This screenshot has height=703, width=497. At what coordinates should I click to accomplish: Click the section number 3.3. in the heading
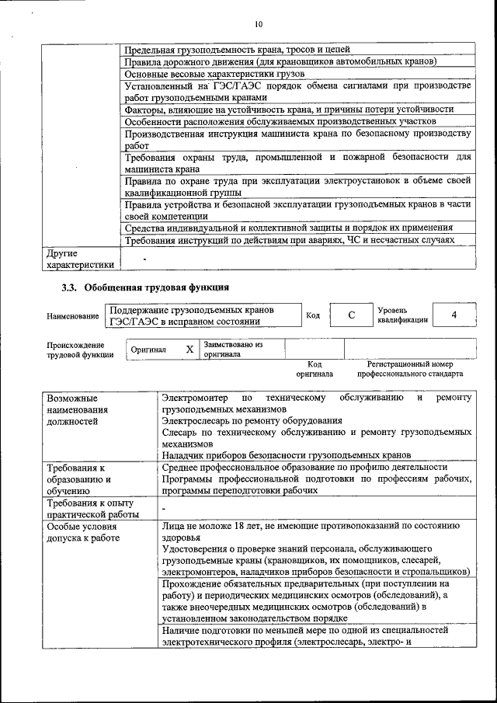click(71, 288)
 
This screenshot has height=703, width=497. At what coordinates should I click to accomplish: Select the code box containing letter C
click(351, 315)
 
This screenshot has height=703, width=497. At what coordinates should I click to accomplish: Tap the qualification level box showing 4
click(454, 315)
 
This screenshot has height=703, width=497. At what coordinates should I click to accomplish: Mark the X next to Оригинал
click(189, 350)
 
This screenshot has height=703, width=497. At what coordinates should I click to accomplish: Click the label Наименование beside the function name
click(72, 316)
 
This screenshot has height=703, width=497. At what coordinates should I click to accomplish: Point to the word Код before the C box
click(313, 315)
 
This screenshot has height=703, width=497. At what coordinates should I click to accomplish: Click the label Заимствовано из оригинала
click(233, 349)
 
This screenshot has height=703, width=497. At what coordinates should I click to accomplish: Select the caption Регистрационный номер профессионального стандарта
click(410, 368)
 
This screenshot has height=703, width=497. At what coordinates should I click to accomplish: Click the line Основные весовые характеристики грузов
click(214, 74)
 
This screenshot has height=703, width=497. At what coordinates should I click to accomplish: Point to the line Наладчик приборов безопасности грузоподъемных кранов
click(286, 454)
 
